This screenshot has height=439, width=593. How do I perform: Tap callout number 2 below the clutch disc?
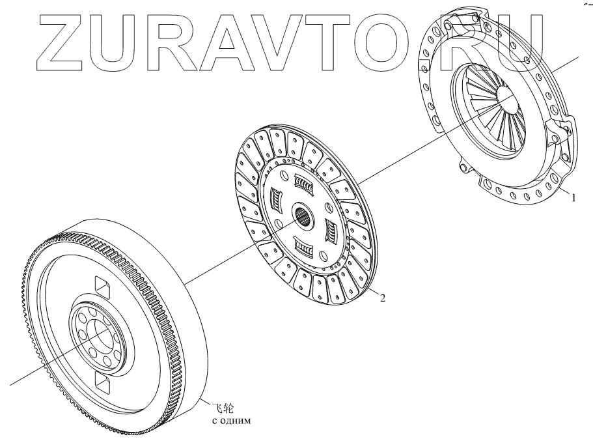(x=383, y=298)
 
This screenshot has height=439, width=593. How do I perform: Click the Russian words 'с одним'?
(x=232, y=421)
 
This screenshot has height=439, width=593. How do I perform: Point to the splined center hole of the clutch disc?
(x=304, y=215)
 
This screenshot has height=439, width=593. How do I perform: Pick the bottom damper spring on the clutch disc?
(x=303, y=246)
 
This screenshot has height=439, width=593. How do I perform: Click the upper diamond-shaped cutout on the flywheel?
(x=102, y=285)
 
